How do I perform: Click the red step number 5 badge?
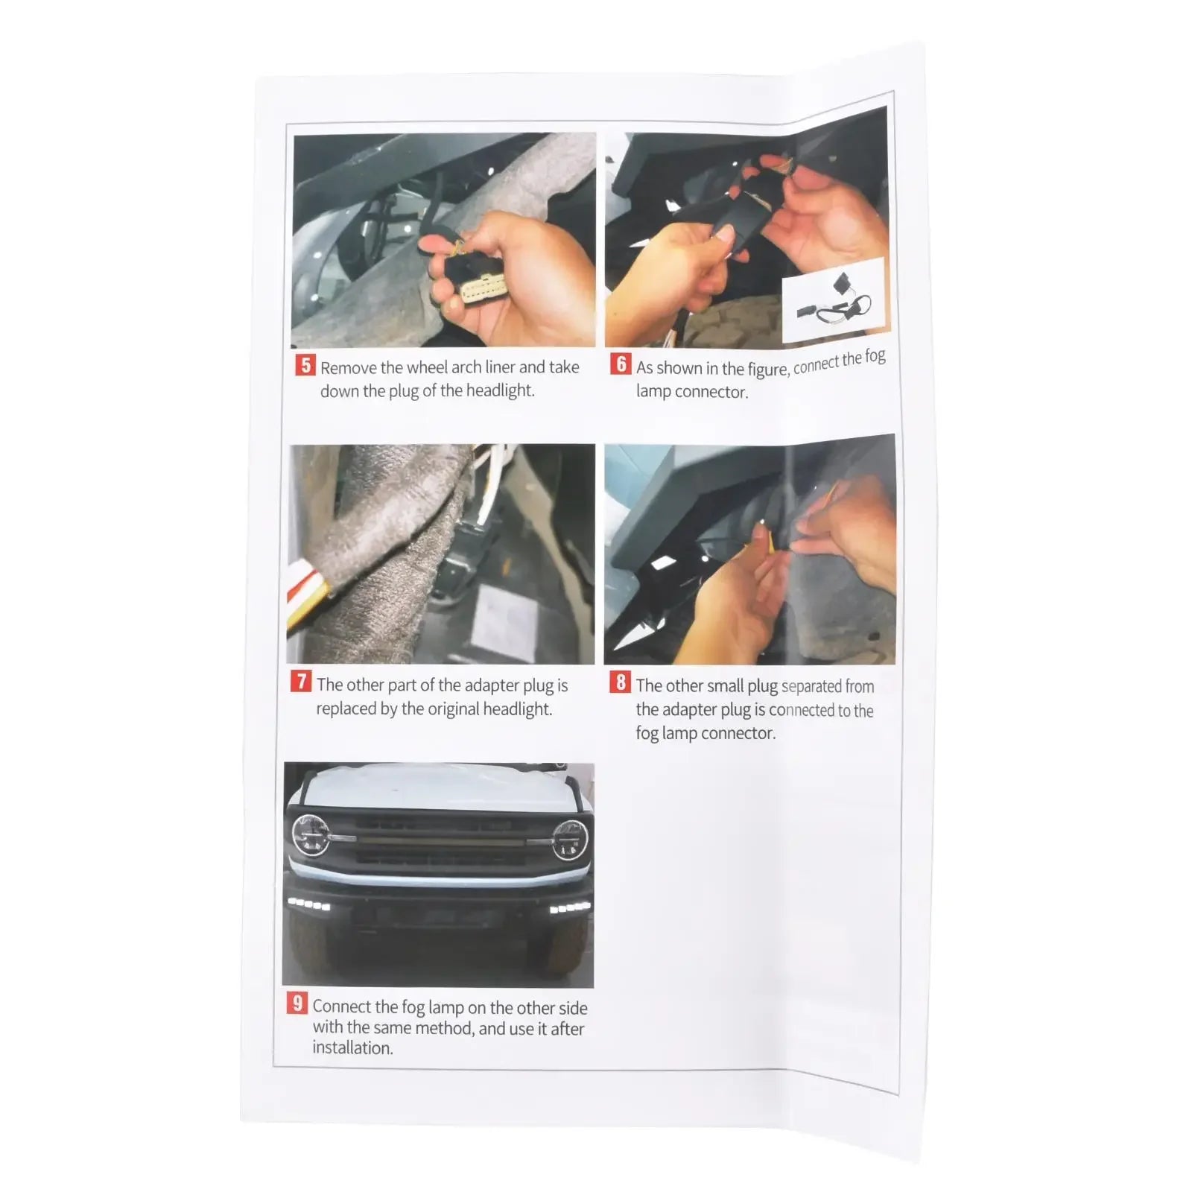pos(305,365)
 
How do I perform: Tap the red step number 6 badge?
pos(621,364)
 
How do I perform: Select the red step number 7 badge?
pos(301,681)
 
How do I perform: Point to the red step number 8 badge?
pos(620,682)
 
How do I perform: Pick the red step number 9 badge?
pos(297,1003)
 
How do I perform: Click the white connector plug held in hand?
pos(483,287)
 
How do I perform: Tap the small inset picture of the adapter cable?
pos(834,299)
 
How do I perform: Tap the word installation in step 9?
pos(352,1047)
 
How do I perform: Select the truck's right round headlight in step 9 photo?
pos(570,840)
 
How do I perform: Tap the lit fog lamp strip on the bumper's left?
pos(309,904)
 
